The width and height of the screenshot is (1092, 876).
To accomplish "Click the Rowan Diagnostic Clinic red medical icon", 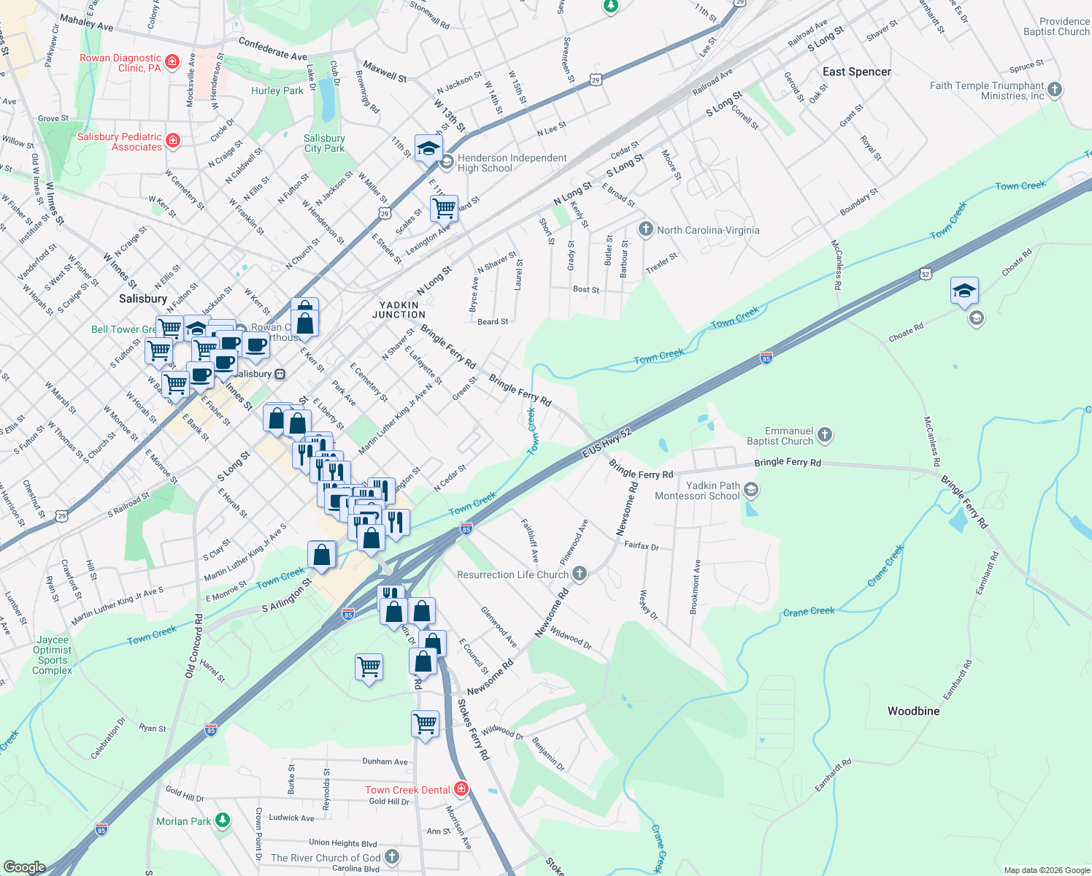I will click(172, 61).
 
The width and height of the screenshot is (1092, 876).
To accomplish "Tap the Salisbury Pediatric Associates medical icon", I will click(173, 140).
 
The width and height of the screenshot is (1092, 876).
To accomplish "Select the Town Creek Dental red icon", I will click(461, 789).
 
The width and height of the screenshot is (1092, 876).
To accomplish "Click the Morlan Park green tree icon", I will click(223, 821).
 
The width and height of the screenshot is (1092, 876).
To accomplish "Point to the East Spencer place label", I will click(856, 72).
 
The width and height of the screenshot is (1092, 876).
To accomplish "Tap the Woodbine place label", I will click(913, 711).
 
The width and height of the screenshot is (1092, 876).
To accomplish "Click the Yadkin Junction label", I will click(399, 310).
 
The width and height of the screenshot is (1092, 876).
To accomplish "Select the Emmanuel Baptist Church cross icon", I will click(825, 436).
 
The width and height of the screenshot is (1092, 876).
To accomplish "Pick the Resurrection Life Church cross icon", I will click(580, 574).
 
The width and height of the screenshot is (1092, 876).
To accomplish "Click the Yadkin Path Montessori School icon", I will click(752, 490).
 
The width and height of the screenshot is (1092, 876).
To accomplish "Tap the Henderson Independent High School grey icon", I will click(447, 161).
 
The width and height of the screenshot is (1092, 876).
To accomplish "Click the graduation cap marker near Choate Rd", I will click(964, 291).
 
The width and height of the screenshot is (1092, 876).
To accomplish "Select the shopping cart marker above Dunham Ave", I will click(425, 724).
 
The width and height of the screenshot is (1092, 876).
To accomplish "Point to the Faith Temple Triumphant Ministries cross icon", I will click(1055, 91).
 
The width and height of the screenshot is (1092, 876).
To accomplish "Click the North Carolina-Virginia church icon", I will click(645, 230).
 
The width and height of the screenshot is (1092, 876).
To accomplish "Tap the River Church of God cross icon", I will click(392, 857).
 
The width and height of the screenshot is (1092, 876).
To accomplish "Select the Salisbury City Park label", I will click(324, 143).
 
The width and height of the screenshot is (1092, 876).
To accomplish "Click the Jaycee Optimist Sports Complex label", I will click(53, 655).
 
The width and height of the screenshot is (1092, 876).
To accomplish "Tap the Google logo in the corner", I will click(25, 867).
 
